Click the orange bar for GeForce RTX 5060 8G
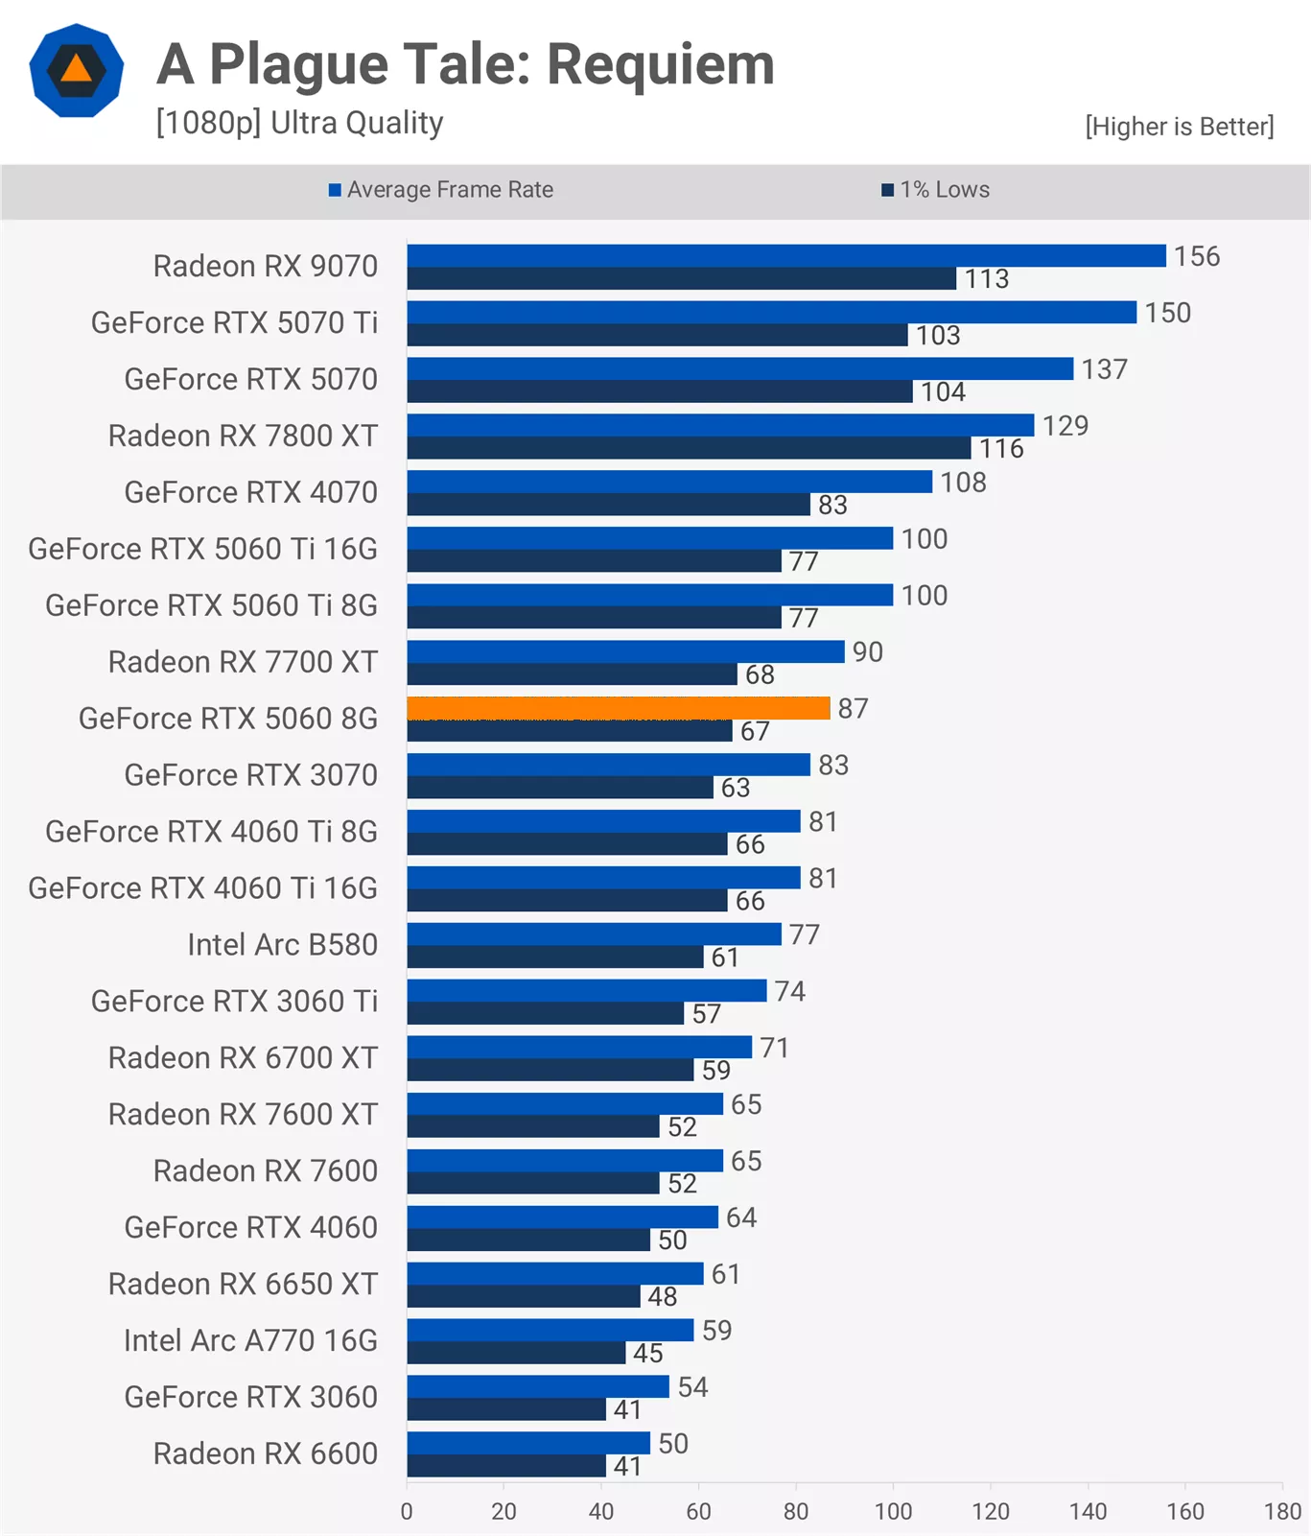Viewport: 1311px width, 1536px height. [x=619, y=708]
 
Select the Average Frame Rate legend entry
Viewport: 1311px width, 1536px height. [x=441, y=190]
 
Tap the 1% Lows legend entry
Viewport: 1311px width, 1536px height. [x=936, y=190]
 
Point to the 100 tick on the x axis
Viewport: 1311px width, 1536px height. [x=893, y=1511]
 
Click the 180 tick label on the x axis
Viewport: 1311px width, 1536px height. [x=1282, y=1511]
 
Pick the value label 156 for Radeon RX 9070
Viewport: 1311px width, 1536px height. [x=1197, y=256]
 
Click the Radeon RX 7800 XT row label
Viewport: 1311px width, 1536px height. [x=243, y=436]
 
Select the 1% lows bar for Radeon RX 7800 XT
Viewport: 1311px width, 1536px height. [x=690, y=448]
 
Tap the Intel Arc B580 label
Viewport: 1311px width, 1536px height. [x=282, y=944]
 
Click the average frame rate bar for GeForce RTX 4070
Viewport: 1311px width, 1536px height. [x=669, y=482]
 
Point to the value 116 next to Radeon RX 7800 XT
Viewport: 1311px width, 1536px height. [x=1001, y=448]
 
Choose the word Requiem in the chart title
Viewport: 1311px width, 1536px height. [x=661, y=64]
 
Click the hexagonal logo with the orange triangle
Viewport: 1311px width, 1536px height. [x=77, y=70]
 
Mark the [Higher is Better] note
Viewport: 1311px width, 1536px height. [x=1180, y=127]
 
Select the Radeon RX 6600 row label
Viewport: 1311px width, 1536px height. [x=266, y=1453]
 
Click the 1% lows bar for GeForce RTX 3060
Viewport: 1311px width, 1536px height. [x=506, y=1409]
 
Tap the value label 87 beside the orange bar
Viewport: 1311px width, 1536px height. [x=853, y=708]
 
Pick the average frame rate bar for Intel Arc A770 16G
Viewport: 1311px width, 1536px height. [x=550, y=1330]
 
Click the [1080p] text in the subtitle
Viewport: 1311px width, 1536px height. [x=208, y=123]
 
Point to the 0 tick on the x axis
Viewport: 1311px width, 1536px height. [x=407, y=1511]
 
